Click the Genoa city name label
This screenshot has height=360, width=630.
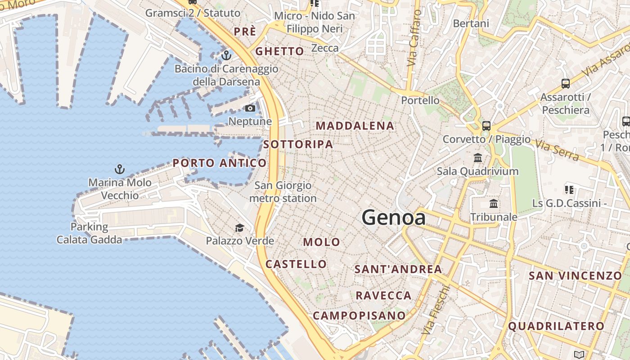[x=394, y=218]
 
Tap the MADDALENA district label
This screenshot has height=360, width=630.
[x=355, y=126]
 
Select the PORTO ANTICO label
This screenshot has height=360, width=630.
[x=220, y=163]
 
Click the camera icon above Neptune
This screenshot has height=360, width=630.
[x=250, y=108]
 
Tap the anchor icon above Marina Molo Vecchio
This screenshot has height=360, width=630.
[x=120, y=169]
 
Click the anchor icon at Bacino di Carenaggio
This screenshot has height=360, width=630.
[x=226, y=55]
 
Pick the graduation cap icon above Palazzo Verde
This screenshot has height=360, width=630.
[x=239, y=228]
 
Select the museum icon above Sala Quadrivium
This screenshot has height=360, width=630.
[x=478, y=158]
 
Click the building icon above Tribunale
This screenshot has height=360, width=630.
[x=494, y=203]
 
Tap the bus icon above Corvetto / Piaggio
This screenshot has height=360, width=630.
[x=486, y=126]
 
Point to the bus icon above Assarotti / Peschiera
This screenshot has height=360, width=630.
[x=566, y=83]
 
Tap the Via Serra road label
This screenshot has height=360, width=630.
[x=557, y=149]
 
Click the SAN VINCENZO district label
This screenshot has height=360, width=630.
[x=575, y=275]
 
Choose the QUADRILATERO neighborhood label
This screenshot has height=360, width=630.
[x=557, y=326]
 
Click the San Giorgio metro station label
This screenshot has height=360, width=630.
[x=283, y=192]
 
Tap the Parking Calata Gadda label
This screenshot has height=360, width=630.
[x=89, y=233]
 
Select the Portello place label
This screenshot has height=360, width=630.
[x=420, y=100]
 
